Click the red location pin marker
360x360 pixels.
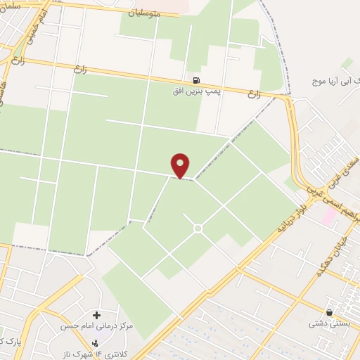click(x=181, y=165)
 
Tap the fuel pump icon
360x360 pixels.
click(x=195, y=80)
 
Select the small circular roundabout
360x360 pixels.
click(x=198, y=228)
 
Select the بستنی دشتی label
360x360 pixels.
click(x=330, y=324)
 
